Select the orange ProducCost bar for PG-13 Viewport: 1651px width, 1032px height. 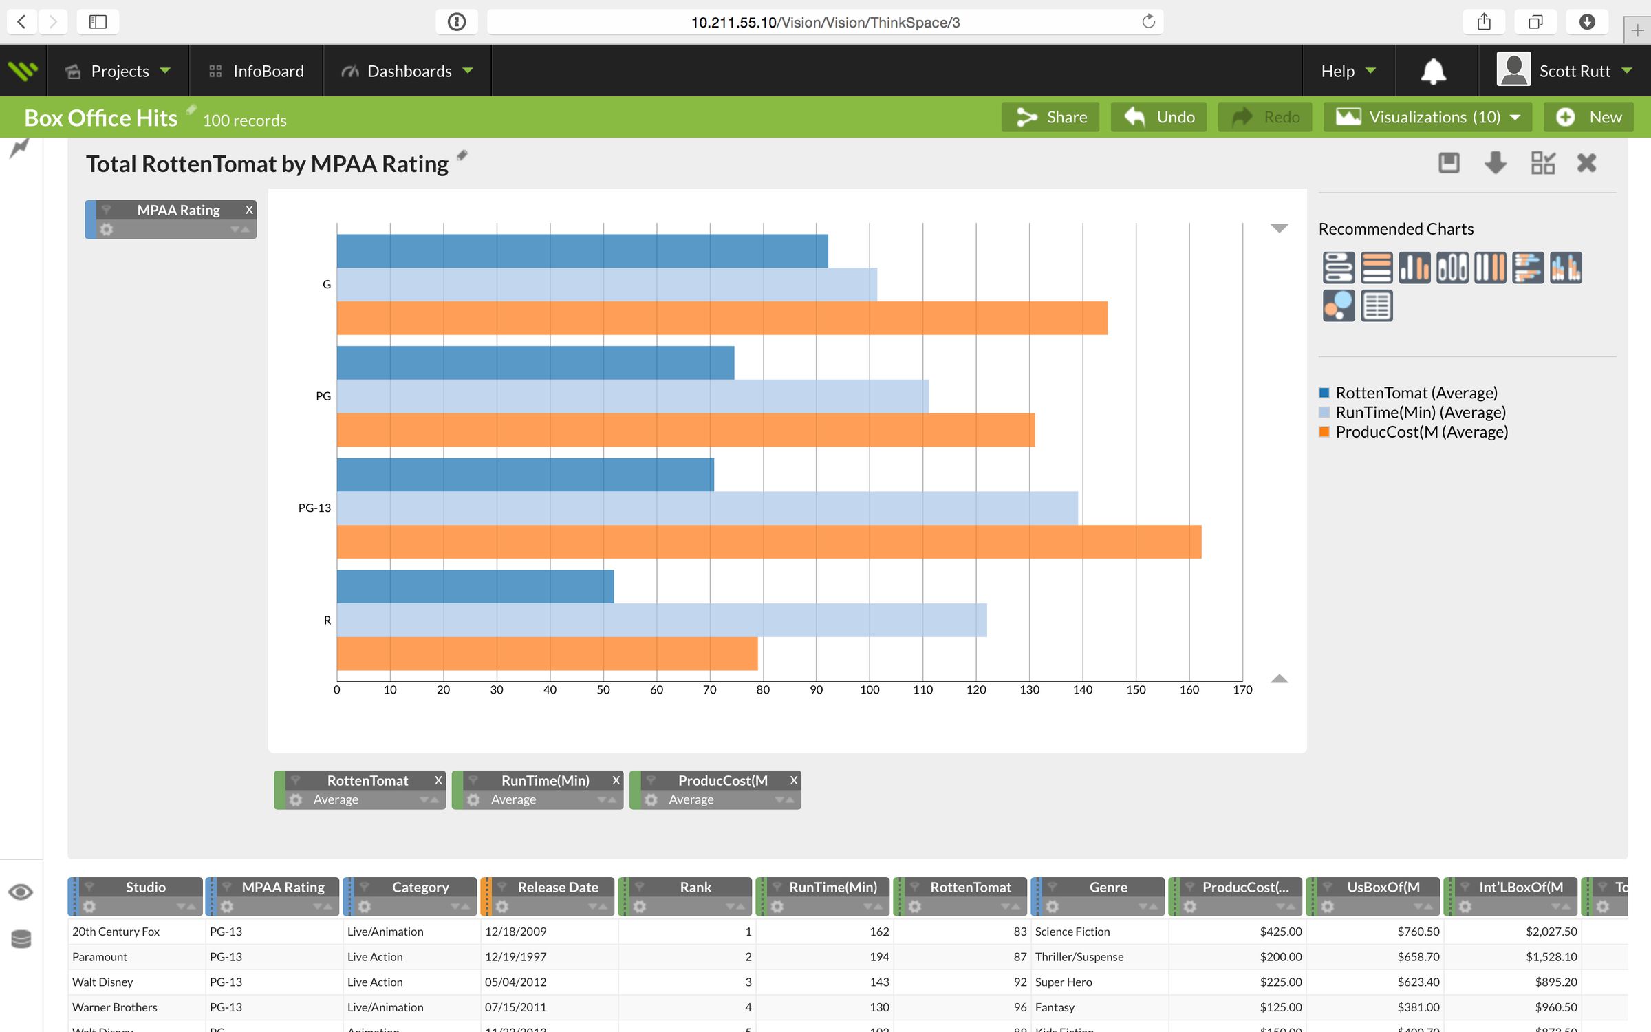click(768, 541)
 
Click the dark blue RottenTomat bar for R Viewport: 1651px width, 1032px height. click(475, 586)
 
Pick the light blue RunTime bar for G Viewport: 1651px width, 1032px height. click(606, 284)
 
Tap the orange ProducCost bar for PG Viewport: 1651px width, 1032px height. click(685, 430)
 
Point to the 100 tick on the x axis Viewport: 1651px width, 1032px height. click(869, 689)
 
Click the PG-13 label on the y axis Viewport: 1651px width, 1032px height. click(314, 508)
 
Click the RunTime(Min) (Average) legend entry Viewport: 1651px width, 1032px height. click(1420, 412)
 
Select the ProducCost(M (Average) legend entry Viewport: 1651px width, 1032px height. click(1421, 432)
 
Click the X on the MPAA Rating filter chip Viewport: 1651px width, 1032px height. click(249, 210)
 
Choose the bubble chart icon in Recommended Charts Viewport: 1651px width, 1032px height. click(1338, 305)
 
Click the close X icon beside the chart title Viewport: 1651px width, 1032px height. click(1586, 163)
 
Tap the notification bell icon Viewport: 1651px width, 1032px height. click(1434, 71)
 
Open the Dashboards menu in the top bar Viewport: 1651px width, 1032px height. click(409, 71)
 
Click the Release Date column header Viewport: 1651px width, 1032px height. click(557, 887)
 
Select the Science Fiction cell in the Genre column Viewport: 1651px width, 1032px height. click(1072, 932)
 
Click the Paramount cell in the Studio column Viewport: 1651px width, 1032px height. click(100, 957)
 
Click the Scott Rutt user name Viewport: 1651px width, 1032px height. click(1574, 71)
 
